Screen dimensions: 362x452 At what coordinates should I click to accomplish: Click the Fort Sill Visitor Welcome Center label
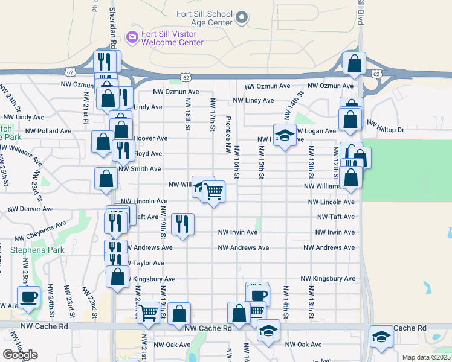[172, 38]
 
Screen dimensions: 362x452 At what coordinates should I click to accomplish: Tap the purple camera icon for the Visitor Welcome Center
[132, 38]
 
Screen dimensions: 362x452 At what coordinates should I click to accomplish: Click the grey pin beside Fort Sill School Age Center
[242, 18]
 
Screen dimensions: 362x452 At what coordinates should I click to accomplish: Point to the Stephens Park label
[37, 249]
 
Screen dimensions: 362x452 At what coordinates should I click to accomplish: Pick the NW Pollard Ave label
[48, 130]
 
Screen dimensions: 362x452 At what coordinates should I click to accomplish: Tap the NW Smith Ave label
[141, 170]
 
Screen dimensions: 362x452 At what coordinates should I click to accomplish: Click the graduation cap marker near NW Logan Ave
[284, 135]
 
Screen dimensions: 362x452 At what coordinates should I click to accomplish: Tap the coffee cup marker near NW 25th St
[28, 297]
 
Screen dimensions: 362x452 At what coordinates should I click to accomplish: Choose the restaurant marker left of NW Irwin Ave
[181, 224]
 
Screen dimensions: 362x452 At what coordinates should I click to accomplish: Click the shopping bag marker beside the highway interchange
[354, 63]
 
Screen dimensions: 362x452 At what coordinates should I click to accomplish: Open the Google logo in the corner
[20, 355]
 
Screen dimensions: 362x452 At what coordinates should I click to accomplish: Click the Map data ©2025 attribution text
[426, 357]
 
